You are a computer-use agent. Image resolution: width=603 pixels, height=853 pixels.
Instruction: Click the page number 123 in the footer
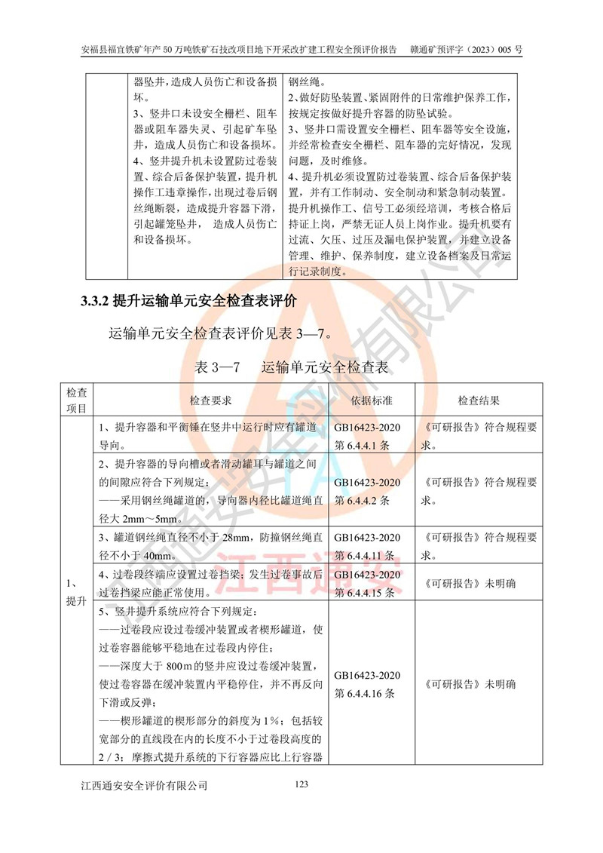[301, 785]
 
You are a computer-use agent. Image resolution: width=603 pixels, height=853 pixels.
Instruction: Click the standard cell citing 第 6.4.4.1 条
[367, 437]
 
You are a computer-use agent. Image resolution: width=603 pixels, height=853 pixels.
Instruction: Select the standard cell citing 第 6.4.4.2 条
[367, 490]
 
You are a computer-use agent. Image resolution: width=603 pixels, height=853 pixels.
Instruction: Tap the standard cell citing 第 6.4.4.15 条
[367, 584]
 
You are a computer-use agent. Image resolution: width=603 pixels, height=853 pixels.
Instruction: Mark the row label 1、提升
[76, 591]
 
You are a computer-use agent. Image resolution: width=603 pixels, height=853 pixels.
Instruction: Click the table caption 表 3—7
[216, 368]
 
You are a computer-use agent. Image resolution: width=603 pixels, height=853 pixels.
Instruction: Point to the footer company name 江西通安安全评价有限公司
[144, 786]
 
